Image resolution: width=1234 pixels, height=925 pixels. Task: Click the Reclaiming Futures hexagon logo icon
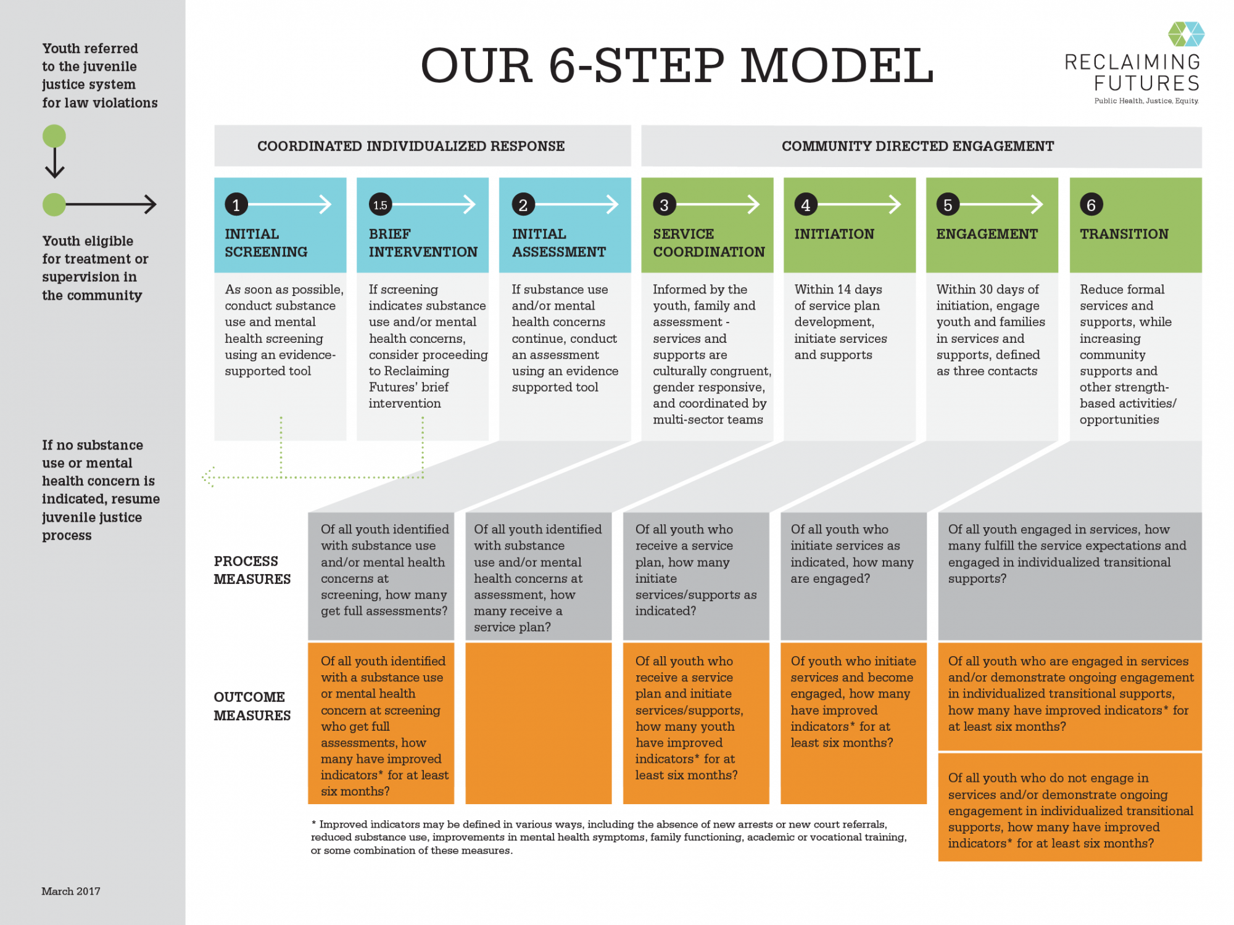1186,34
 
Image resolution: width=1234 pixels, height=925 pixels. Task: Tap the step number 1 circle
236,205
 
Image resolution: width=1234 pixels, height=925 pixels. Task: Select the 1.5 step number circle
380,205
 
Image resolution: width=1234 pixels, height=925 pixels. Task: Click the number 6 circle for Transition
1091,205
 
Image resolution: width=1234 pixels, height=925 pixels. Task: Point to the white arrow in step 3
719,204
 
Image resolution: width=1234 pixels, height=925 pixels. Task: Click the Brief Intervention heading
423,243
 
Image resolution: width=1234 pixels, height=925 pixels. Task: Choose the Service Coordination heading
708,243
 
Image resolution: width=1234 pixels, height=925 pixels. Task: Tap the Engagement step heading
987,234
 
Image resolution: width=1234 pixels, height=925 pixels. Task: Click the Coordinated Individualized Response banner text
411,146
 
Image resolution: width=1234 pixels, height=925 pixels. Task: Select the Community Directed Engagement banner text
917,146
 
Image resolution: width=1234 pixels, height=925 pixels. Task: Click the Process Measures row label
252,570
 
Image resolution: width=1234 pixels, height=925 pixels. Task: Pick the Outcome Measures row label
252,706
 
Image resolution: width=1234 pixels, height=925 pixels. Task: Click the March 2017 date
71,891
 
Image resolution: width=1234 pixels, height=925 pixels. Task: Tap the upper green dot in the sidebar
54,136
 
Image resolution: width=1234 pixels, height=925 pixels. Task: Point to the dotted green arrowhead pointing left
209,477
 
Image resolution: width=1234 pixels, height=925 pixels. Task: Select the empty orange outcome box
538,723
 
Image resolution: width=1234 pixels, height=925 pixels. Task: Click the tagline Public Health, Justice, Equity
1146,101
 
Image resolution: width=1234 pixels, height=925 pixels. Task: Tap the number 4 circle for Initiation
806,205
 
